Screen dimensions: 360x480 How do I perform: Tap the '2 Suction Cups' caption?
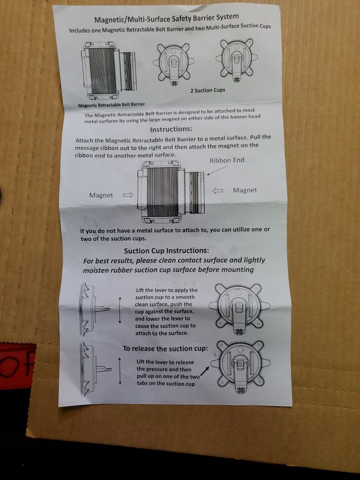point(207,90)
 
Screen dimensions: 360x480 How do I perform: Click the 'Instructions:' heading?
point(171,129)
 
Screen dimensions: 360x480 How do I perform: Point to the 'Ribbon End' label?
point(227,160)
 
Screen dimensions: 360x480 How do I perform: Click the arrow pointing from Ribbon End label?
point(217,170)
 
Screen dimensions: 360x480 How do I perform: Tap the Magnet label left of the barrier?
point(101,195)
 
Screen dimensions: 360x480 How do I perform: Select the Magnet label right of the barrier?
point(245,190)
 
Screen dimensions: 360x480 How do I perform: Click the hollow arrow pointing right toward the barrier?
point(128,195)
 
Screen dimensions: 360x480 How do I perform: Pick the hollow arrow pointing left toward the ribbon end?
point(217,191)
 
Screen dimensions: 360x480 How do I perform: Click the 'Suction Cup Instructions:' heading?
point(167,251)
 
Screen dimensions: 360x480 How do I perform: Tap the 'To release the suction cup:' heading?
point(165,348)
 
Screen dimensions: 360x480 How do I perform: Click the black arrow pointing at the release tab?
point(205,372)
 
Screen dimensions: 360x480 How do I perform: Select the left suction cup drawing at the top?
point(174,63)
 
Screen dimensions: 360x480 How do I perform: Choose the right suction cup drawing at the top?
point(237,60)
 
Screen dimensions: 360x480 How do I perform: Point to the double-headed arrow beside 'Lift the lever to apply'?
point(120,310)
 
